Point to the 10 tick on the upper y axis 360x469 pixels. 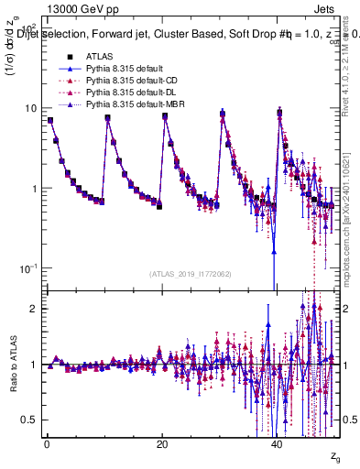(29, 108)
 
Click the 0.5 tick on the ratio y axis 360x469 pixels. (27, 420)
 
